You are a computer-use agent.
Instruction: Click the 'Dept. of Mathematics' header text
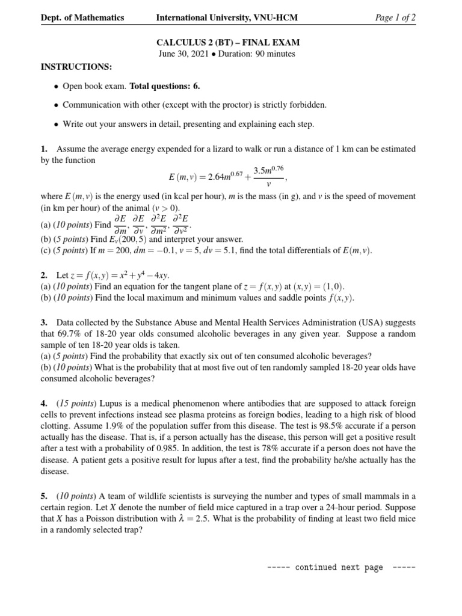coord(82,17)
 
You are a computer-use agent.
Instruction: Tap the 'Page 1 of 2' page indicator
coord(395,17)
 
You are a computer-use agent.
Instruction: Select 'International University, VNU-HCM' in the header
coord(227,17)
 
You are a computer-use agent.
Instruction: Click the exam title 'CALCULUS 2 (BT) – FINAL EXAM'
coord(227,43)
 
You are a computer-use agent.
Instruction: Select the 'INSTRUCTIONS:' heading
coord(76,66)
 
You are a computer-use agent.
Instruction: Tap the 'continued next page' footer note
coord(339,567)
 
